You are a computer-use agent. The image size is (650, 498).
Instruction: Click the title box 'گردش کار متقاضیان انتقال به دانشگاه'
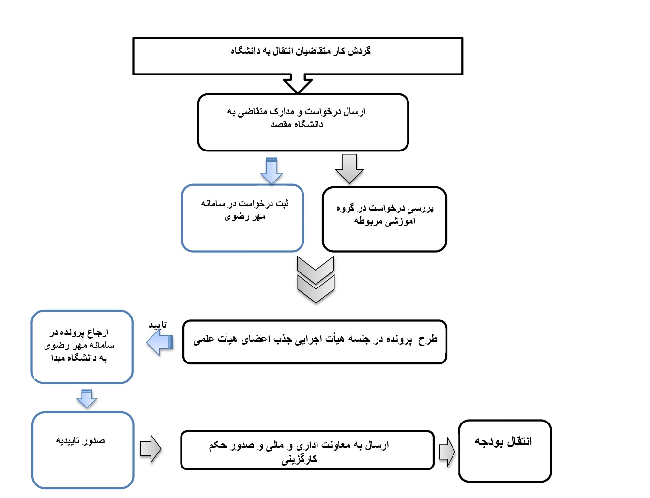[298, 56]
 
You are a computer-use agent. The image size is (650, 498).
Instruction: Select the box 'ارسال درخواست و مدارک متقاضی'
[303, 122]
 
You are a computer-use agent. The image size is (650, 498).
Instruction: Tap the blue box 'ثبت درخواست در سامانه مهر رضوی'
[242, 218]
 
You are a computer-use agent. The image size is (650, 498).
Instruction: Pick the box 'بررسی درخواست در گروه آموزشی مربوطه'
[384, 219]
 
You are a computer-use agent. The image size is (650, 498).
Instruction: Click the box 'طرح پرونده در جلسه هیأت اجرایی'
[315, 342]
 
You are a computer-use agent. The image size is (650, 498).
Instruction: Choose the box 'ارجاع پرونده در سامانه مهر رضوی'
[82, 347]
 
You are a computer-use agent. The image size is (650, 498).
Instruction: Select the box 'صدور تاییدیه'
[83, 450]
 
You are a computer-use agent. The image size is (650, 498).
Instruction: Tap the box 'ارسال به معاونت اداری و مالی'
[307, 450]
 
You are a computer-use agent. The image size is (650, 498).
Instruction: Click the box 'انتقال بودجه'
[505, 451]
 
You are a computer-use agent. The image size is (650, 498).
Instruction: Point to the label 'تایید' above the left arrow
[157, 325]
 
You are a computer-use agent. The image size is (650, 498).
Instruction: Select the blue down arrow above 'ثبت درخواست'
[272, 171]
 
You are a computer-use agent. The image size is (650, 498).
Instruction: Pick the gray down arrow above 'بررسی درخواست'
[349, 168]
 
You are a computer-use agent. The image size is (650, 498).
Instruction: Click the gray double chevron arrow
[316, 280]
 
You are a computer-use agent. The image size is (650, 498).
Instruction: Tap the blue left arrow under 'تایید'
[160, 343]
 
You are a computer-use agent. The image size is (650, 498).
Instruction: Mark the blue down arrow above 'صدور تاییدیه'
[87, 398]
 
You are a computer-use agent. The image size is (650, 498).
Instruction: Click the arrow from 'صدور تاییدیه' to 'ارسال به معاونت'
[151, 449]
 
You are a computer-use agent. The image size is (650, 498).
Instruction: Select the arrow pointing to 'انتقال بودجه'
[447, 452]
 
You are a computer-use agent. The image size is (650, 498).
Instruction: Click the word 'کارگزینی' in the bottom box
[299, 459]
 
